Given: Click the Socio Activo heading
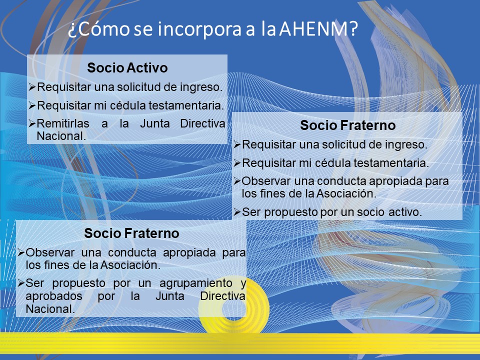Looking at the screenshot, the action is [127, 67].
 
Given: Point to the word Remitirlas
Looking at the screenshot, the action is [63, 123].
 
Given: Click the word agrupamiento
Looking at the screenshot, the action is [196, 283].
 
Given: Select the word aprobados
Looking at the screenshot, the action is [54, 296].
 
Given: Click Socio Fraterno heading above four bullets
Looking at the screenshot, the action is [348, 125].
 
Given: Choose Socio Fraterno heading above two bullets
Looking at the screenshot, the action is [131, 233].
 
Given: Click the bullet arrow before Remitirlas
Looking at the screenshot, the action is [32, 123].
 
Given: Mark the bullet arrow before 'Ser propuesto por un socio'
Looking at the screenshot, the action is [237, 212].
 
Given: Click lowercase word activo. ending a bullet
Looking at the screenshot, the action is [405, 212].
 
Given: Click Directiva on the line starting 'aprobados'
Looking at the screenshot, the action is [223, 296].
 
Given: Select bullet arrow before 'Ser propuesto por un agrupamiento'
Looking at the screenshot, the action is [21, 283].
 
